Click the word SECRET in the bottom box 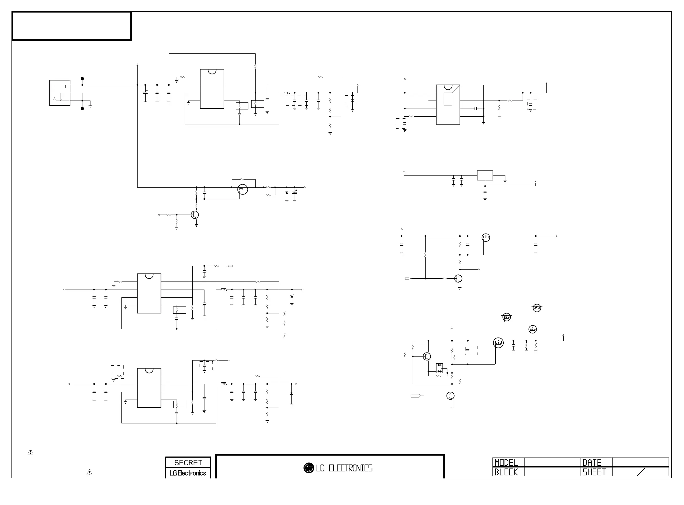pos(188,462)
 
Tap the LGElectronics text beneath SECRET pos(188,473)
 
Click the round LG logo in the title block pos(309,468)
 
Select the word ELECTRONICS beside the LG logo pos(350,468)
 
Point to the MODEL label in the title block pos(506,462)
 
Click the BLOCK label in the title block pos(506,472)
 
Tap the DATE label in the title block pos(592,462)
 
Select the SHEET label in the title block pos(594,472)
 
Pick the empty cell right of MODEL pos(552,462)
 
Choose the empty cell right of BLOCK pos(552,472)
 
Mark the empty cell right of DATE pos(640,462)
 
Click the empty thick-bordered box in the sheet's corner pos(72,26)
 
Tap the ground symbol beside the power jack pos(90,106)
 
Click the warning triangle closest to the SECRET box pos(89,472)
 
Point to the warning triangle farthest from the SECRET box pos(30,452)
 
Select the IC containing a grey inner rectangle pos(448,105)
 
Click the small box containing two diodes pos(439,368)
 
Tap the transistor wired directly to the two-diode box pos(427,356)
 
